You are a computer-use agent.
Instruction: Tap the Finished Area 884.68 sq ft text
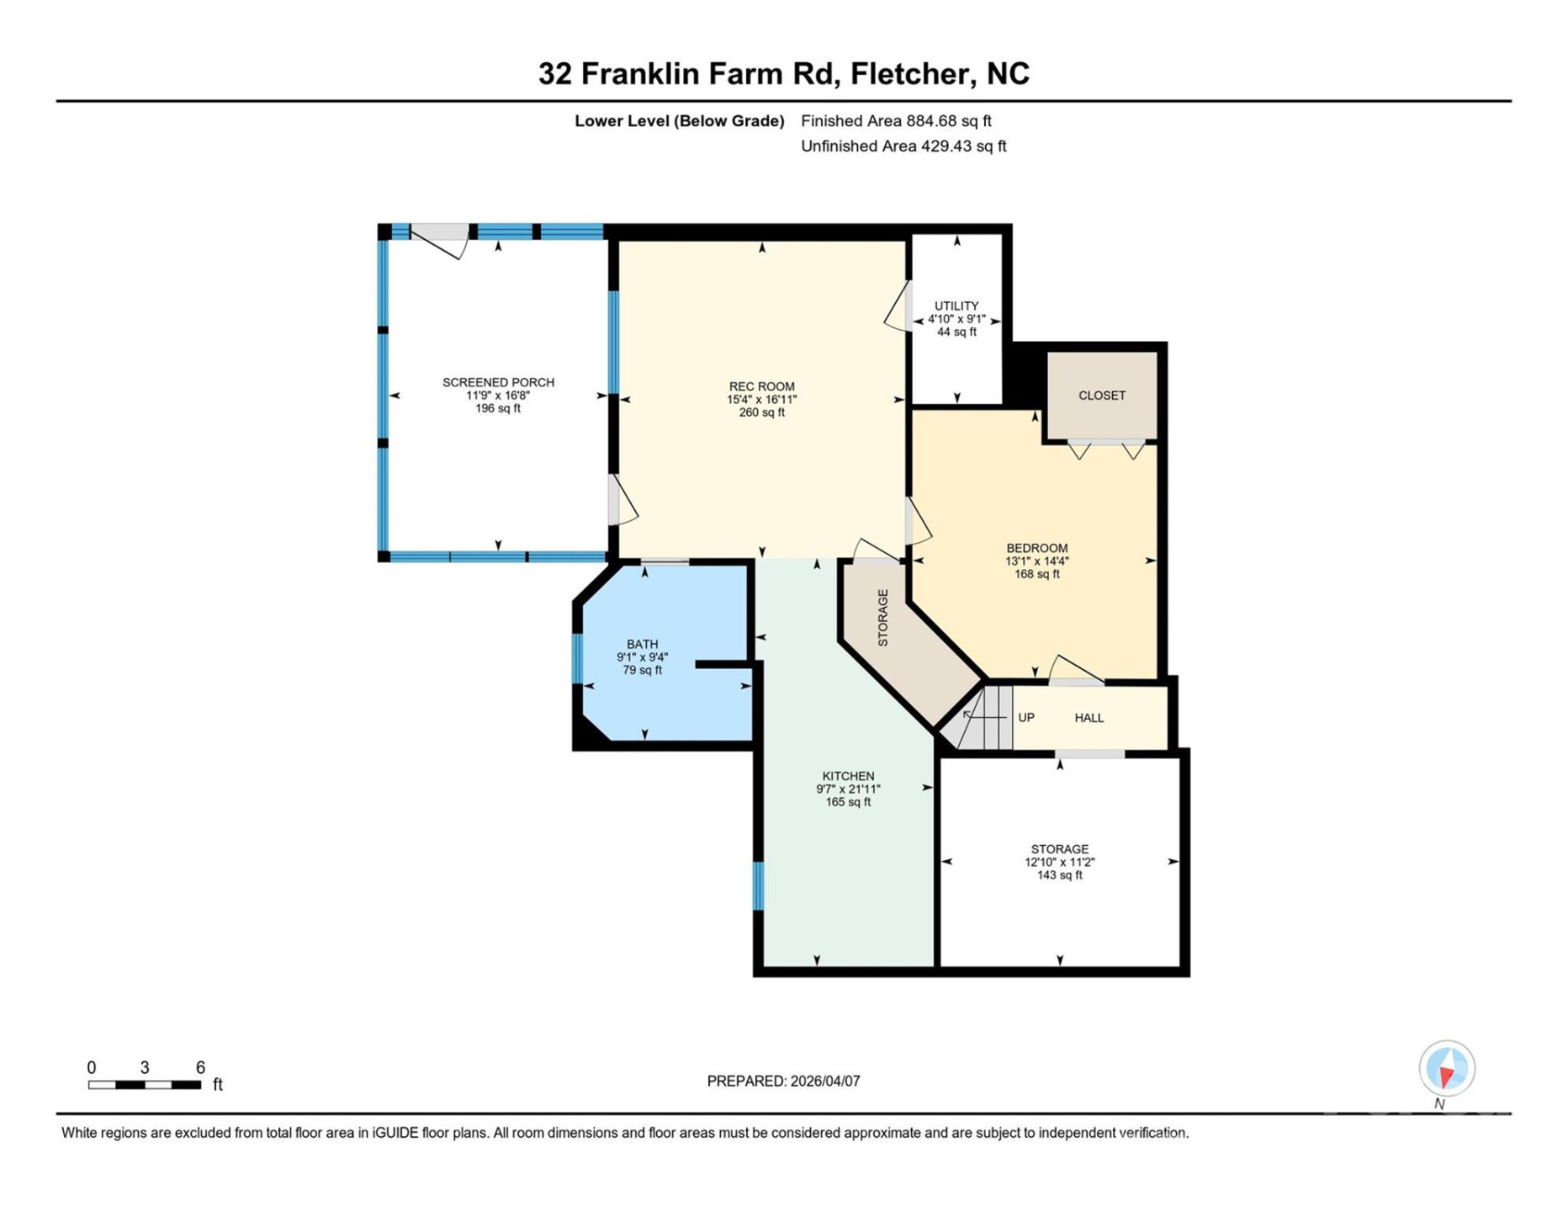coord(896,121)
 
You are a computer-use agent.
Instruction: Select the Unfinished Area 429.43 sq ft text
coord(903,146)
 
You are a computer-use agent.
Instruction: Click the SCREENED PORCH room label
coord(498,382)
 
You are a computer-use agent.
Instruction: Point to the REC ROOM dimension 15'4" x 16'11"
coord(761,400)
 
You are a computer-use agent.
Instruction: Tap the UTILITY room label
coord(956,306)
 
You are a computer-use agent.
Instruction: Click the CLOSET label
coord(1101,396)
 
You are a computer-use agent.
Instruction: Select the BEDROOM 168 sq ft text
coord(1036,574)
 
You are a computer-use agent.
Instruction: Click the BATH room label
coord(642,644)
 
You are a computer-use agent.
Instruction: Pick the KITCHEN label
coord(848,776)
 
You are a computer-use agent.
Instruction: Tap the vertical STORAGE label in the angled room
coord(882,618)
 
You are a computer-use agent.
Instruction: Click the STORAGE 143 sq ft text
coord(1059,875)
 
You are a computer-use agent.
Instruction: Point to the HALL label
coord(1089,718)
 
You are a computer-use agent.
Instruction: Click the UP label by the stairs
coord(1025,718)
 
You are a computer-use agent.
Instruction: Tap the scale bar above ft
coord(145,1085)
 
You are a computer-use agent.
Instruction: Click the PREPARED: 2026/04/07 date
coord(783,1082)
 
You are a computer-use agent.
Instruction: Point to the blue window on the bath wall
coord(577,658)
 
